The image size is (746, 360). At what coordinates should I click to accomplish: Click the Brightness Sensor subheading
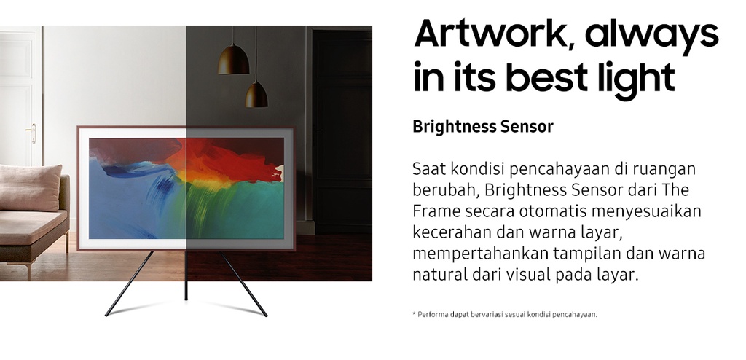tap(483, 127)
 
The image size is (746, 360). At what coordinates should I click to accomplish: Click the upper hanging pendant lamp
tap(234, 60)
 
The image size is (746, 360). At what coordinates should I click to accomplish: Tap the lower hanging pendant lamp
tap(256, 94)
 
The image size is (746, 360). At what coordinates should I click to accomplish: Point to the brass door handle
tap(32, 133)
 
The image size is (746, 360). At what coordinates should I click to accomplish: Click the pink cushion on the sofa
tap(30, 187)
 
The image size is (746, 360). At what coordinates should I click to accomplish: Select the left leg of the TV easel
tap(129, 283)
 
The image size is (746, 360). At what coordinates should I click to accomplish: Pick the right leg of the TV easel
tap(243, 283)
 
